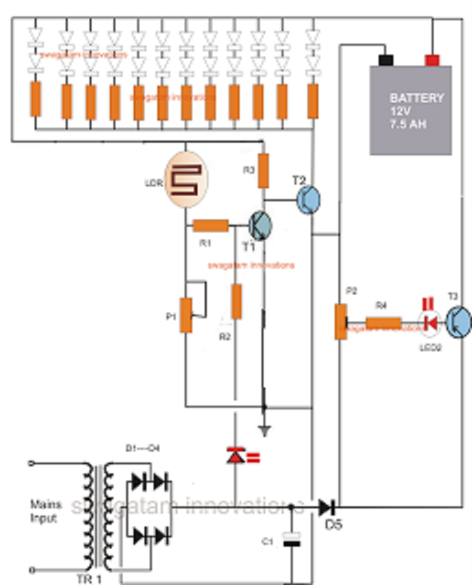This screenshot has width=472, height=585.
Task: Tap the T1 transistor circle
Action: pyautogui.click(x=260, y=225)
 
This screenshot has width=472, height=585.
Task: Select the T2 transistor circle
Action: pyautogui.click(x=309, y=200)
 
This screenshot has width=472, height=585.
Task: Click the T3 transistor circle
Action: pyautogui.click(x=458, y=322)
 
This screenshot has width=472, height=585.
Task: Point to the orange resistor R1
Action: pyautogui.click(x=211, y=226)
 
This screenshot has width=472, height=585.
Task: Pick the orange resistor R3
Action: pyautogui.click(x=263, y=171)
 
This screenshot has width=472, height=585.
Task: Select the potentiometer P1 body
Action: pyautogui.click(x=186, y=315)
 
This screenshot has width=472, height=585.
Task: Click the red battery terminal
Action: pyautogui.click(x=432, y=60)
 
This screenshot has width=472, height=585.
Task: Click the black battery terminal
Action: pyautogui.click(x=386, y=60)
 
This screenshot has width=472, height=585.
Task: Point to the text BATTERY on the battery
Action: pyautogui.click(x=417, y=97)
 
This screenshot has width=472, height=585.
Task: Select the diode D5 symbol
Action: pyautogui.click(x=326, y=506)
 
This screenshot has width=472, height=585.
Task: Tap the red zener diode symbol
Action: pyautogui.click(x=235, y=455)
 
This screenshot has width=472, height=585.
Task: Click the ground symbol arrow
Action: pyautogui.click(x=264, y=430)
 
